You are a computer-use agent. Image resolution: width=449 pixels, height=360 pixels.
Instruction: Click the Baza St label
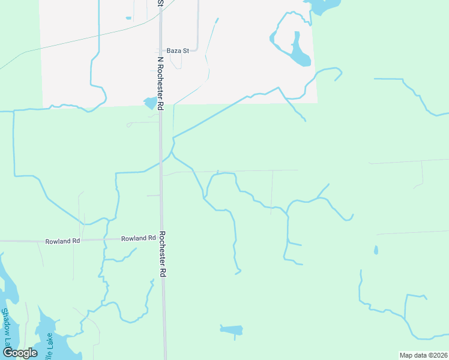[178, 51]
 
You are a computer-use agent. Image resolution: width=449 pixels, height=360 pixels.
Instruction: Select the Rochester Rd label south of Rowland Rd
[162, 254]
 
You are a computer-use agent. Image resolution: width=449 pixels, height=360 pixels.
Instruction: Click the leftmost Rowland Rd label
[62, 241]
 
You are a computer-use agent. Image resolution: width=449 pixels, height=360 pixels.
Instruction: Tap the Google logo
[20, 353]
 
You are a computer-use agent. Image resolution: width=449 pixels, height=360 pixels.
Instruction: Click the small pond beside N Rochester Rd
[150, 103]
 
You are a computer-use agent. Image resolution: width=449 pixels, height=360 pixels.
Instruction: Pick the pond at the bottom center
[232, 329]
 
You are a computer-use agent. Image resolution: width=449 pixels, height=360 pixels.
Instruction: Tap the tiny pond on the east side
[376, 250]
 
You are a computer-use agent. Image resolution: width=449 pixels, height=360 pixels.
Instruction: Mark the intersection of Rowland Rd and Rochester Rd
[161, 238]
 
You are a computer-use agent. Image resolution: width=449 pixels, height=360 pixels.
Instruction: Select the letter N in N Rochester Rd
[160, 61]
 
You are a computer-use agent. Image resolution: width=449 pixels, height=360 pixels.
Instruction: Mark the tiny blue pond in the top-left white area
[128, 18]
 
